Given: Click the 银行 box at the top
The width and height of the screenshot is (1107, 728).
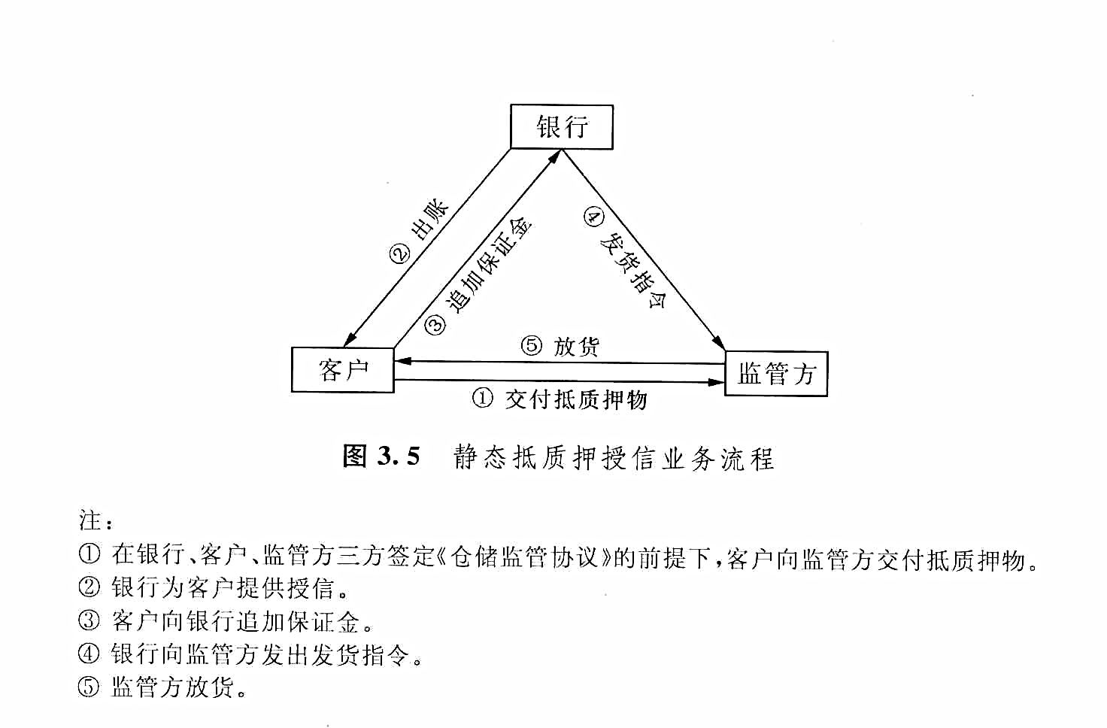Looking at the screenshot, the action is [x=562, y=126].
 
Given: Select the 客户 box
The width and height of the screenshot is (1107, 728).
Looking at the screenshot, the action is [x=342, y=370].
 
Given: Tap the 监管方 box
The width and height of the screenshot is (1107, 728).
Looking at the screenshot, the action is [x=776, y=374].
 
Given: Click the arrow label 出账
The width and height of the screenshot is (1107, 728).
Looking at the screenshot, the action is [x=430, y=220].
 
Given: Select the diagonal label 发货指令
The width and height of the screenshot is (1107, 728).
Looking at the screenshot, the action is [x=633, y=270].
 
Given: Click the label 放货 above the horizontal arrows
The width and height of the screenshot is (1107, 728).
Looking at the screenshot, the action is [x=576, y=347].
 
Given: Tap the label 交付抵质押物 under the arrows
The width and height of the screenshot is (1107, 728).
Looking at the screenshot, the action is [x=576, y=399].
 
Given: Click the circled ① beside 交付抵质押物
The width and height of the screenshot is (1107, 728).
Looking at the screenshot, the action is [x=482, y=398].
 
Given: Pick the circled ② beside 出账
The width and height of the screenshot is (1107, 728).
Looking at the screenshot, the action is [x=400, y=254].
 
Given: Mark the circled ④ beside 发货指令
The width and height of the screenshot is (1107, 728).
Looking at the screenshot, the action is [x=593, y=217].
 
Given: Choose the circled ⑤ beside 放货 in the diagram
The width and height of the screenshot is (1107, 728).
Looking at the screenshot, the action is [x=532, y=345].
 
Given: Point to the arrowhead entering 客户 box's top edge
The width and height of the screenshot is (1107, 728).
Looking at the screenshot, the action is [x=350, y=339].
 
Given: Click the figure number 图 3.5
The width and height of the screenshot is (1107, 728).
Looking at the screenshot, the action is [x=381, y=456].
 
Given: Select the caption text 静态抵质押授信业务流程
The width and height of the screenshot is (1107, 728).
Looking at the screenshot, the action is [x=614, y=458].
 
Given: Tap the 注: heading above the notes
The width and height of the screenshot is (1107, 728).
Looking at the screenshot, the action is [x=96, y=520].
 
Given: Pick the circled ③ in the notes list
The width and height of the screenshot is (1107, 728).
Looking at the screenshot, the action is [x=89, y=620].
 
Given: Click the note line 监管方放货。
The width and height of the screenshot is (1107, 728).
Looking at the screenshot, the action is [x=178, y=687].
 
